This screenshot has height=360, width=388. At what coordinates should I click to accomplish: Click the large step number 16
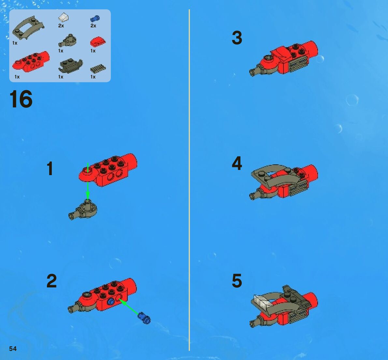pos(21,99)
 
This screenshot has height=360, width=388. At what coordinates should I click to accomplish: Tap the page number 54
pos(13,349)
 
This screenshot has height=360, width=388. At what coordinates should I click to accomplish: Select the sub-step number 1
pos(50,168)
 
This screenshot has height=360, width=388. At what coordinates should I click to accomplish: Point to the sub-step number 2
pos(51,281)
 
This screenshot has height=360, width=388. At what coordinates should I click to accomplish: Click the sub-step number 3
pos(237,38)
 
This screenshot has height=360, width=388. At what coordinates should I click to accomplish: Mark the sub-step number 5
pos(237,281)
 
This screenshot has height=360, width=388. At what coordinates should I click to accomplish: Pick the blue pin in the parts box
pos(95,19)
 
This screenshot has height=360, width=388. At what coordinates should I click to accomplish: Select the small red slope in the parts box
pos(98,42)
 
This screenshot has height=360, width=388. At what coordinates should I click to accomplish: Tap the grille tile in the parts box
pos(98,68)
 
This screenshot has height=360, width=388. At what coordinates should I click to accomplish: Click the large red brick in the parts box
pos(31,61)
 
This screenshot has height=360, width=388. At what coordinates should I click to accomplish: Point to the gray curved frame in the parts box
pos(28,27)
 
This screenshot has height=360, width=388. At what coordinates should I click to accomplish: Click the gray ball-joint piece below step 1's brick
pos(83,210)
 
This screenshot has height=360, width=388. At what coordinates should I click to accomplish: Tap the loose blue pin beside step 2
pos(144,318)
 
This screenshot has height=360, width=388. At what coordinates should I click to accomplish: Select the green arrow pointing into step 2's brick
pos(129,307)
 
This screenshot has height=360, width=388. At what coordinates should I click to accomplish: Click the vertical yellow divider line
pos(189,180)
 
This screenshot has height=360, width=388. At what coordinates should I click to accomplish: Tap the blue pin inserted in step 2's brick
pos(111,301)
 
